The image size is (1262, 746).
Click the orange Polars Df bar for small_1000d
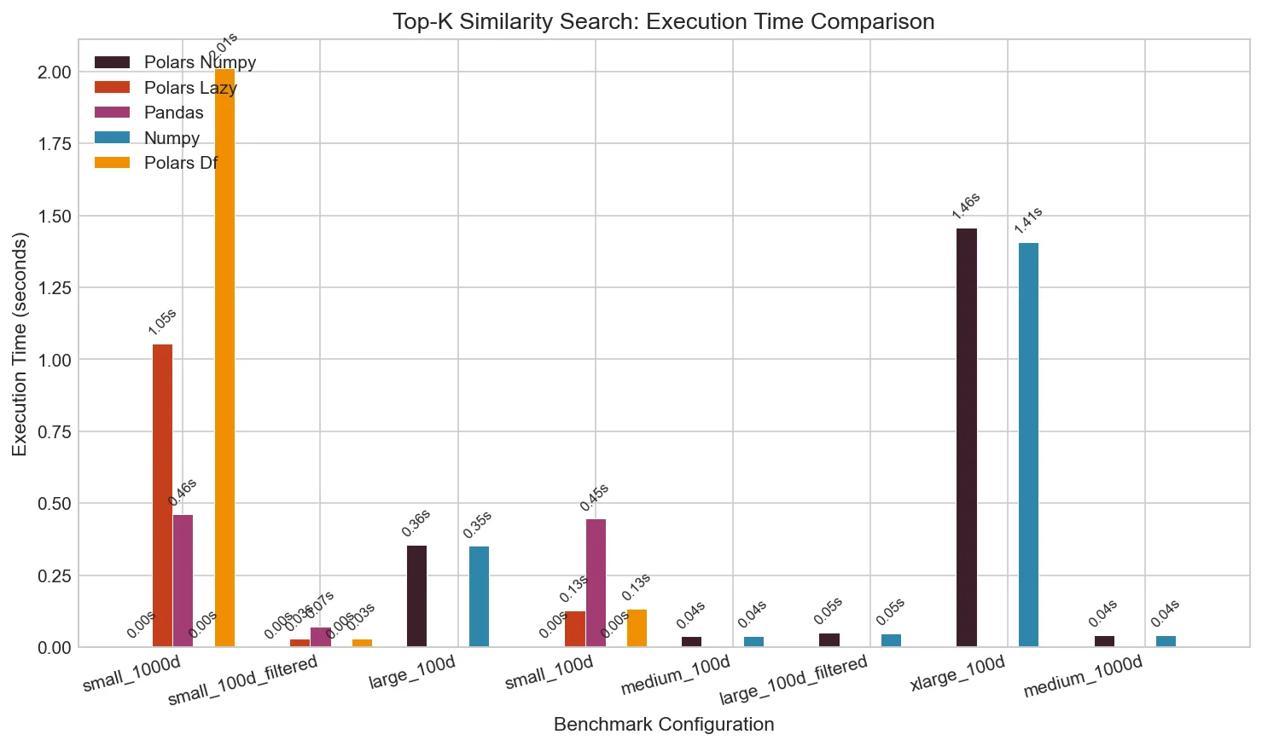point(224,358)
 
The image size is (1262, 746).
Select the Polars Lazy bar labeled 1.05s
point(162,495)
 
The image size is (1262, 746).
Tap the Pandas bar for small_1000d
point(183,581)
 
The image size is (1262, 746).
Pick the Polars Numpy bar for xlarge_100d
point(967,437)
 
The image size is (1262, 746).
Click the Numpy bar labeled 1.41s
point(1028,444)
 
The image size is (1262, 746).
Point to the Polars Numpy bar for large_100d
point(416,596)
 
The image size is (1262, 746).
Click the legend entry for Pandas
point(173,113)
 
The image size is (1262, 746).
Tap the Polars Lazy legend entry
point(190,88)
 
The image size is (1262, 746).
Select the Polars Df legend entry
point(181,163)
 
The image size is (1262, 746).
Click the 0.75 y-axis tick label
point(54,431)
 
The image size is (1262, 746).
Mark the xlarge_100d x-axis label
point(958,674)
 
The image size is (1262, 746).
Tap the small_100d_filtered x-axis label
point(243,680)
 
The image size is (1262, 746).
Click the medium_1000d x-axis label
point(1083,677)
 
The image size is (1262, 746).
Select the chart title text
point(663,21)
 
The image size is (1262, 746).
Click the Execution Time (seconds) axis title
point(20,344)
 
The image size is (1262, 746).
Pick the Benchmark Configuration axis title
point(664,725)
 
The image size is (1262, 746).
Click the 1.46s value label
point(967,206)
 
